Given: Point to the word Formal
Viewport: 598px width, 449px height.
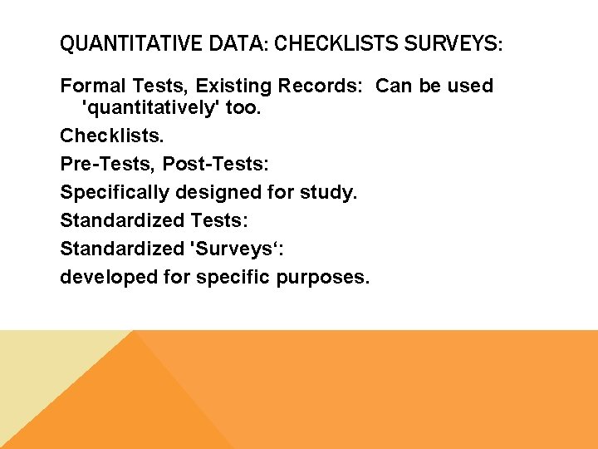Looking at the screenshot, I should pyautogui.click(x=91, y=86).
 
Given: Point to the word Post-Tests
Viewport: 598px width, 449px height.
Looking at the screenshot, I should pyautogui.click(x=215, y=165).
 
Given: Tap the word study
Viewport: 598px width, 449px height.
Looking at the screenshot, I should pyautogui.click(x=331, y=193).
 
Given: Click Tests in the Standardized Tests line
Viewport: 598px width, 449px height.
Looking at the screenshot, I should pyautogui.click(x=219, y=220).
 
